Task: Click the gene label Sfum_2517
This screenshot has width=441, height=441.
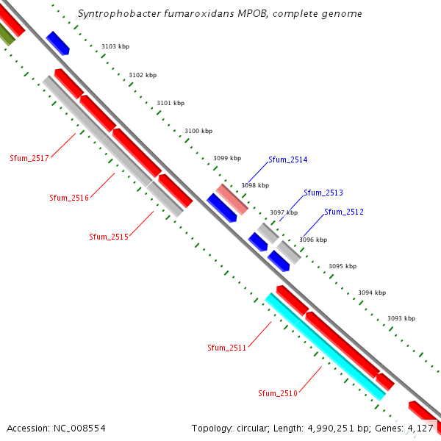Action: point(29,158)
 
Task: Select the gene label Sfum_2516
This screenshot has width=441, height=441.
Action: point(69,198)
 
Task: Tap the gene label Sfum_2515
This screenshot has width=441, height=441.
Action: point(109,237)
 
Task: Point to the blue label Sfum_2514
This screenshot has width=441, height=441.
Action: point(288,159)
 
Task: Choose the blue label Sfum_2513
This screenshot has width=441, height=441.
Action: point(323,193)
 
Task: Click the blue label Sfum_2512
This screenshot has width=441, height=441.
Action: point(344,212)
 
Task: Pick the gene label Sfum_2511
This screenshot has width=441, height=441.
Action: point(226,348)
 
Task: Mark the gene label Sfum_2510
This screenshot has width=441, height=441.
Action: point(277,394)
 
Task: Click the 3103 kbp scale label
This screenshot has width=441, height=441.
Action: point(115,46)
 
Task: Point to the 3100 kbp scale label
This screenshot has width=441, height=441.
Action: point(198,131)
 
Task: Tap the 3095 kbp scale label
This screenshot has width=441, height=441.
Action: point(342,266)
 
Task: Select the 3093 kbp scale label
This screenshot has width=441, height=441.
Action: point(401,318)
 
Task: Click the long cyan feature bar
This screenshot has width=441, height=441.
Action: point(326,347)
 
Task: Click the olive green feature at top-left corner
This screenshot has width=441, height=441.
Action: point(6,34)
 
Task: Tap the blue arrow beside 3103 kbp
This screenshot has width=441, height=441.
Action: point(57,43)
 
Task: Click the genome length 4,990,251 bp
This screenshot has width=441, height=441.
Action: point(325,428)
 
